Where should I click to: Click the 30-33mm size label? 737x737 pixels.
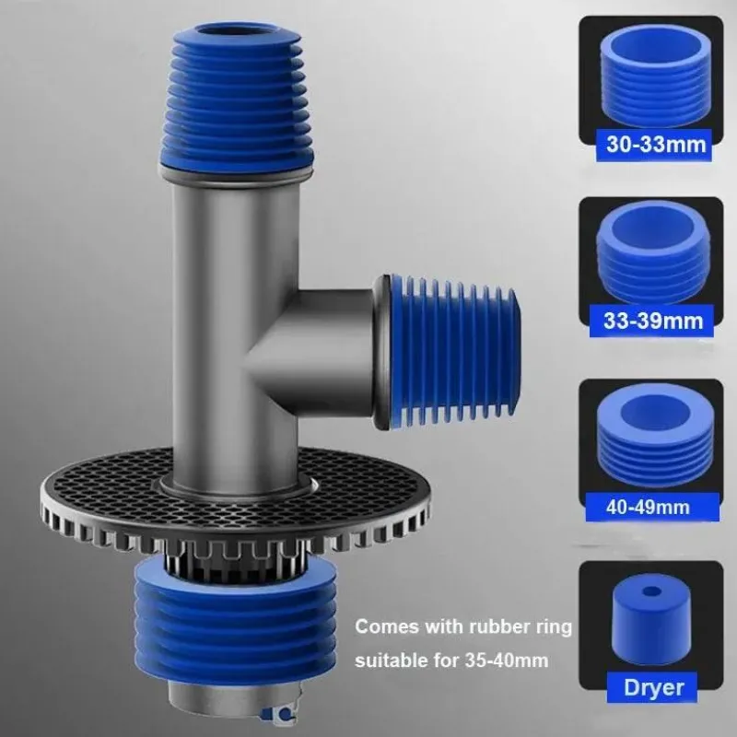(656, 145)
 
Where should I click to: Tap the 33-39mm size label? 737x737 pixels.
(653, 321)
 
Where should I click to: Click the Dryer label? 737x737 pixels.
(653, 687)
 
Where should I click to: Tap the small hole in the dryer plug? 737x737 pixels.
(650, 591)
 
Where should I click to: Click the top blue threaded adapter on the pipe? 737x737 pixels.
(237, 99)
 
